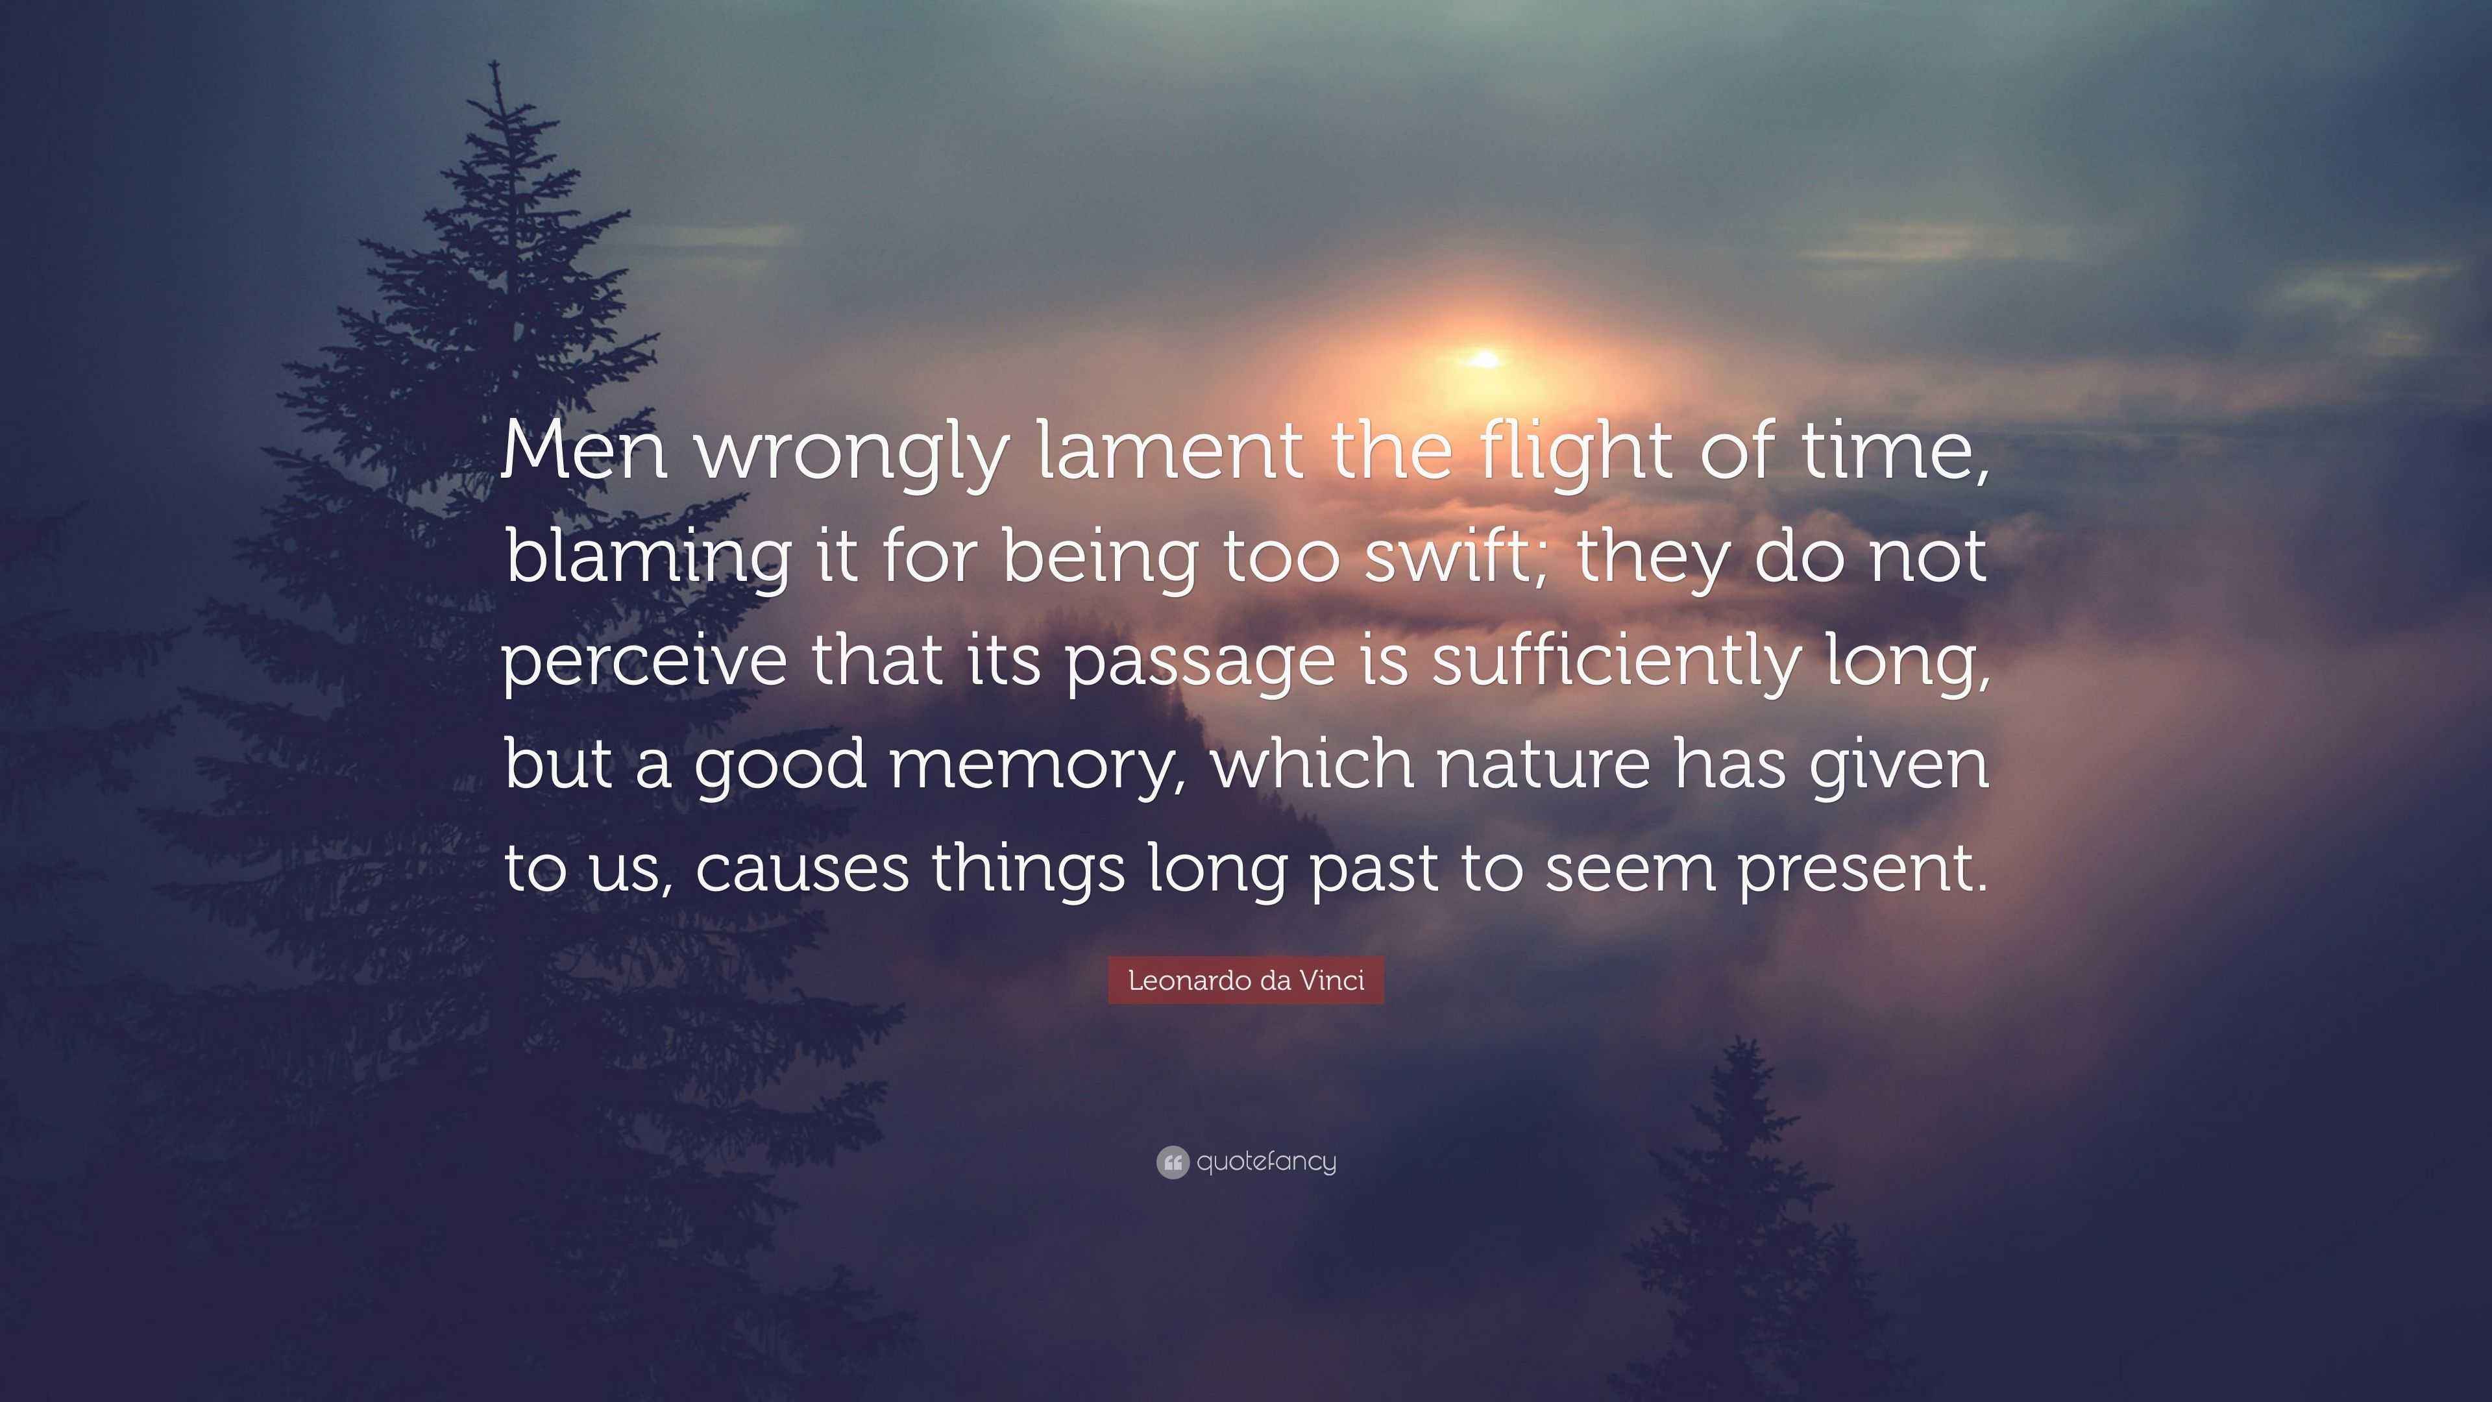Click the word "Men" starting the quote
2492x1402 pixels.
584,451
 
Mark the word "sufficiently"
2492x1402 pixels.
1615,660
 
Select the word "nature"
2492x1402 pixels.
1543,765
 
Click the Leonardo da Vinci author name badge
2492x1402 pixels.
1246,980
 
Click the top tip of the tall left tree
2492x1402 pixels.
495,66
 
